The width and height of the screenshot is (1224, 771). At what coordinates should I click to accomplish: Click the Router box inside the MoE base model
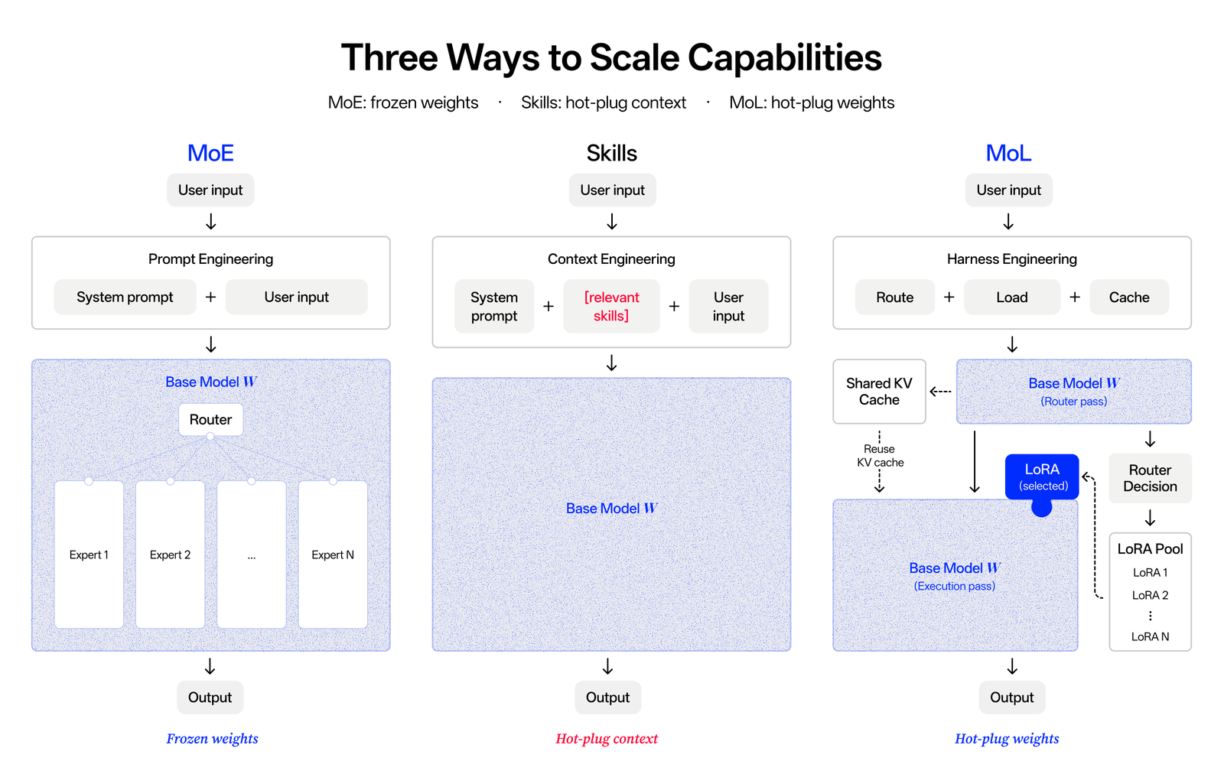tap(210, 419)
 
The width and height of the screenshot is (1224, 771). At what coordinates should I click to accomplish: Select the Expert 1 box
tap(89, 555)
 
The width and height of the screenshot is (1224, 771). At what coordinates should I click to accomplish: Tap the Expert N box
tap(333, 555)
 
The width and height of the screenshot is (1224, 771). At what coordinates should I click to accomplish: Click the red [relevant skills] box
tap(611, 306)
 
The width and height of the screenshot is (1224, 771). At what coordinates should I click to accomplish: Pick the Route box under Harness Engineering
tap(894, 297)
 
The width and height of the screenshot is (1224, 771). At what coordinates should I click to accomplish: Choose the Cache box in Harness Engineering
tap(1129, 297)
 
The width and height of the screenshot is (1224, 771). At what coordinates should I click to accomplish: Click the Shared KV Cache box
tap(879, 392)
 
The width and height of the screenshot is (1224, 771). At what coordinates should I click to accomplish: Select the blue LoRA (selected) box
tap(1042, 477)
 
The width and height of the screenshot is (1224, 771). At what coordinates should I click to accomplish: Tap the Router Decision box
tap(1150, 478)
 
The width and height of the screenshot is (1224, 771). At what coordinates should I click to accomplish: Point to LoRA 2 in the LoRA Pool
tap(1150, 595)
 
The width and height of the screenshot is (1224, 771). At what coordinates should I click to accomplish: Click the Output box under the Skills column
tap(607, 698)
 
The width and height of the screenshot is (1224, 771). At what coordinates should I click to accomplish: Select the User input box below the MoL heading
tap(1009, 190)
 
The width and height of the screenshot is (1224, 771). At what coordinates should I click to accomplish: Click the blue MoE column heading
tap(210, 153)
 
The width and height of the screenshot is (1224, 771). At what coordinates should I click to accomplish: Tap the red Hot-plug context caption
tap(607, 739)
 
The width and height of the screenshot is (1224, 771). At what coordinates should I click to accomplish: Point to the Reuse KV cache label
tap(880, 456)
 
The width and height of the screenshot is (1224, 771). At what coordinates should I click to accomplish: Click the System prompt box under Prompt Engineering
tap(125, 297)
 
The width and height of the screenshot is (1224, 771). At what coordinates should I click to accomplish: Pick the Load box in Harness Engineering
tap(1012, 297)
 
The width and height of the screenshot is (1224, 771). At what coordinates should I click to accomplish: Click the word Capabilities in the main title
tap(785, 58)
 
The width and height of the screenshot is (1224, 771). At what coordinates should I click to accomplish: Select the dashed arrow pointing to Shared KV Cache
tap(940, 392)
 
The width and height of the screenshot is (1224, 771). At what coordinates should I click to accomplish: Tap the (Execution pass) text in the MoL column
tap(955, 586)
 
